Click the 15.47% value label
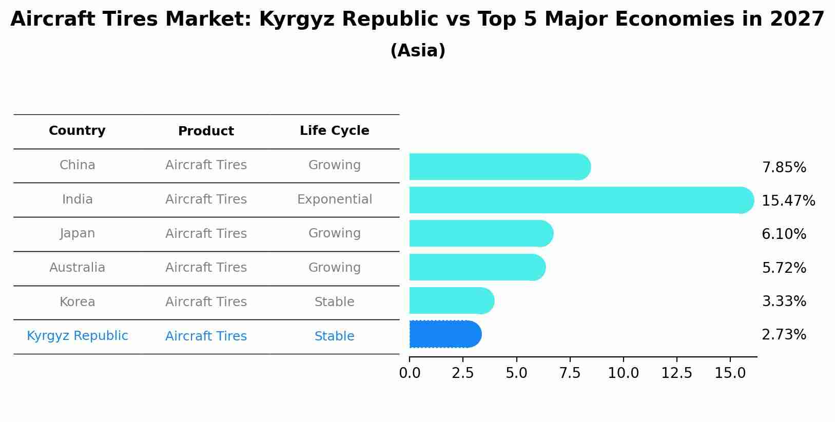point(788,200)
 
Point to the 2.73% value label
point(784,335)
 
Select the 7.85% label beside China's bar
point(784,168)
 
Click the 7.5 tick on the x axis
point(570,373)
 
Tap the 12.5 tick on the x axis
point(676,373)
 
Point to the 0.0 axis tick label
point(410,373)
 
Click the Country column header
point(77,131)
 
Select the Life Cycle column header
point(334,131)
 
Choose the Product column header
point(206,131)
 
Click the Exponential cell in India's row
point(334,199)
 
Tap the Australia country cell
point(77,268)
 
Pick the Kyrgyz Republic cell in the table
point(77,336)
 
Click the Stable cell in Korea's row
point(334,302)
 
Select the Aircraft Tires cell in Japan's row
point(206,234)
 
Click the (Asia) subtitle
point(417,51)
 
